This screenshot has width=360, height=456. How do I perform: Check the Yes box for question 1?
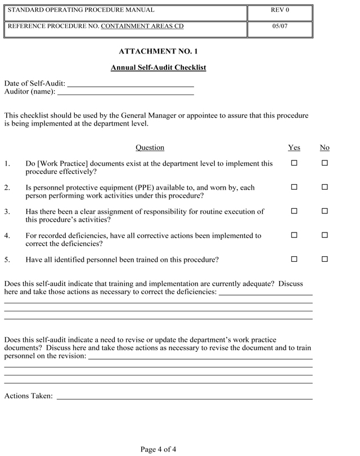point(294,163)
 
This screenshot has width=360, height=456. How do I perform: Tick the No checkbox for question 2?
point(325,187)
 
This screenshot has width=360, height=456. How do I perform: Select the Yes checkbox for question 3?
point(294,211)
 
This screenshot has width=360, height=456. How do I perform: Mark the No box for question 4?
point(325,235)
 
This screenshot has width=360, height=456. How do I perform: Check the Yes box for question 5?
point(294,260)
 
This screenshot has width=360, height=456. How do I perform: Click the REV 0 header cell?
point(280,10)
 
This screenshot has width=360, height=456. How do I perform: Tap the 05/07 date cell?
point(280,26)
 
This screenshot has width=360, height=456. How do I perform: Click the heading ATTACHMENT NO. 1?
point(158,51)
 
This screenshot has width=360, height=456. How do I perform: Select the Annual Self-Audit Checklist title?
point(158,68)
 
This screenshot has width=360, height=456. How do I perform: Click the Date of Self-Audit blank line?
point(130,84)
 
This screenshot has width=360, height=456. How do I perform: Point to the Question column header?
point(150,147)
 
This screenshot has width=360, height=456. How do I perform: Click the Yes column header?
point(294,147)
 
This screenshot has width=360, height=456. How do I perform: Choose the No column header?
point(325,147)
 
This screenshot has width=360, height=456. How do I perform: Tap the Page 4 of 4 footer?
point(158,449)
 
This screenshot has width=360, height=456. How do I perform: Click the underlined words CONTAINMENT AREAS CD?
point(142,26)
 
